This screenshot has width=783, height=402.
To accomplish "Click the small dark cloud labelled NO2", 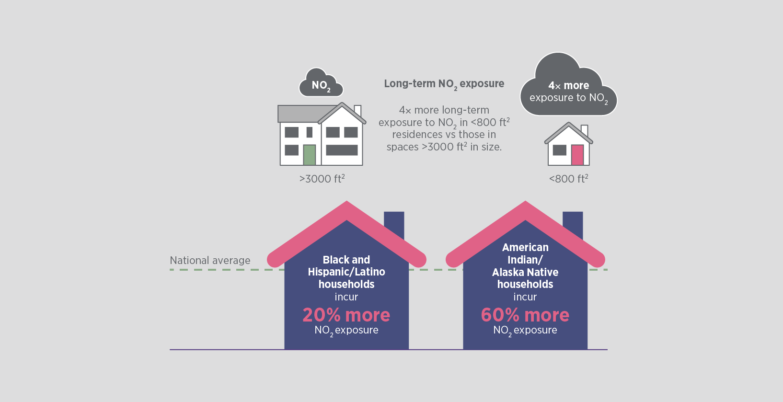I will coord(321,85).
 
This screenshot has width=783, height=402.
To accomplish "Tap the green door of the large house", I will coord(309,155).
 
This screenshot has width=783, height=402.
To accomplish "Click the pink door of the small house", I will coord(577,155).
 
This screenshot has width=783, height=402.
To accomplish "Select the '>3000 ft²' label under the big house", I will coord(322,179).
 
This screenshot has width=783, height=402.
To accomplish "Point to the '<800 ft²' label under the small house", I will coord(568,179).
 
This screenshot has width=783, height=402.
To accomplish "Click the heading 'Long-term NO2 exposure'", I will coord(444,84).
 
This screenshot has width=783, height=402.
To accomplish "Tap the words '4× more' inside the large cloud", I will coord(569,86).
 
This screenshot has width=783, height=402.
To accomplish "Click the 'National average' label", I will coord(210,261).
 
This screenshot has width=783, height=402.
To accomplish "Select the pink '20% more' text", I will coord(346,315).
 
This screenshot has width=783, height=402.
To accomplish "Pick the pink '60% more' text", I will coord(525,315).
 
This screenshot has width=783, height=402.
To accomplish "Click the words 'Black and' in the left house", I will coord(346,260).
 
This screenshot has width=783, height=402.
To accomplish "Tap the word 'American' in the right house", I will coord(525,247).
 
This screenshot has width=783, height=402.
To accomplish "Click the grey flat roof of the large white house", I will coord(299,114).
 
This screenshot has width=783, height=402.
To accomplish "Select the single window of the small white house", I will coord(559,150).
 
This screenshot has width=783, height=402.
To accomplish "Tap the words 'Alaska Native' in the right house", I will coord(525,272).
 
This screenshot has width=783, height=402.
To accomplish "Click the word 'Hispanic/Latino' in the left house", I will coord(346,272).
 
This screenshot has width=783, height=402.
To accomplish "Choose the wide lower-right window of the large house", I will coord(342,150).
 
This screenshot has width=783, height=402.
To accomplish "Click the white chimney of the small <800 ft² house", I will coord(584,130).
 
